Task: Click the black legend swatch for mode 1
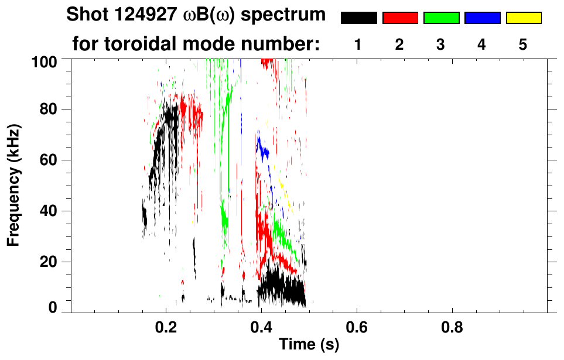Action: pos(358,18)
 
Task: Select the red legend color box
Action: pos(400,18)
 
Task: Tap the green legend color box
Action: pos(441,18)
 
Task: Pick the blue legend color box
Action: pos(482,18)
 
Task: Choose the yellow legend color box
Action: pos(524,18)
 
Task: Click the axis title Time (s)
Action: pos(309,344)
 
